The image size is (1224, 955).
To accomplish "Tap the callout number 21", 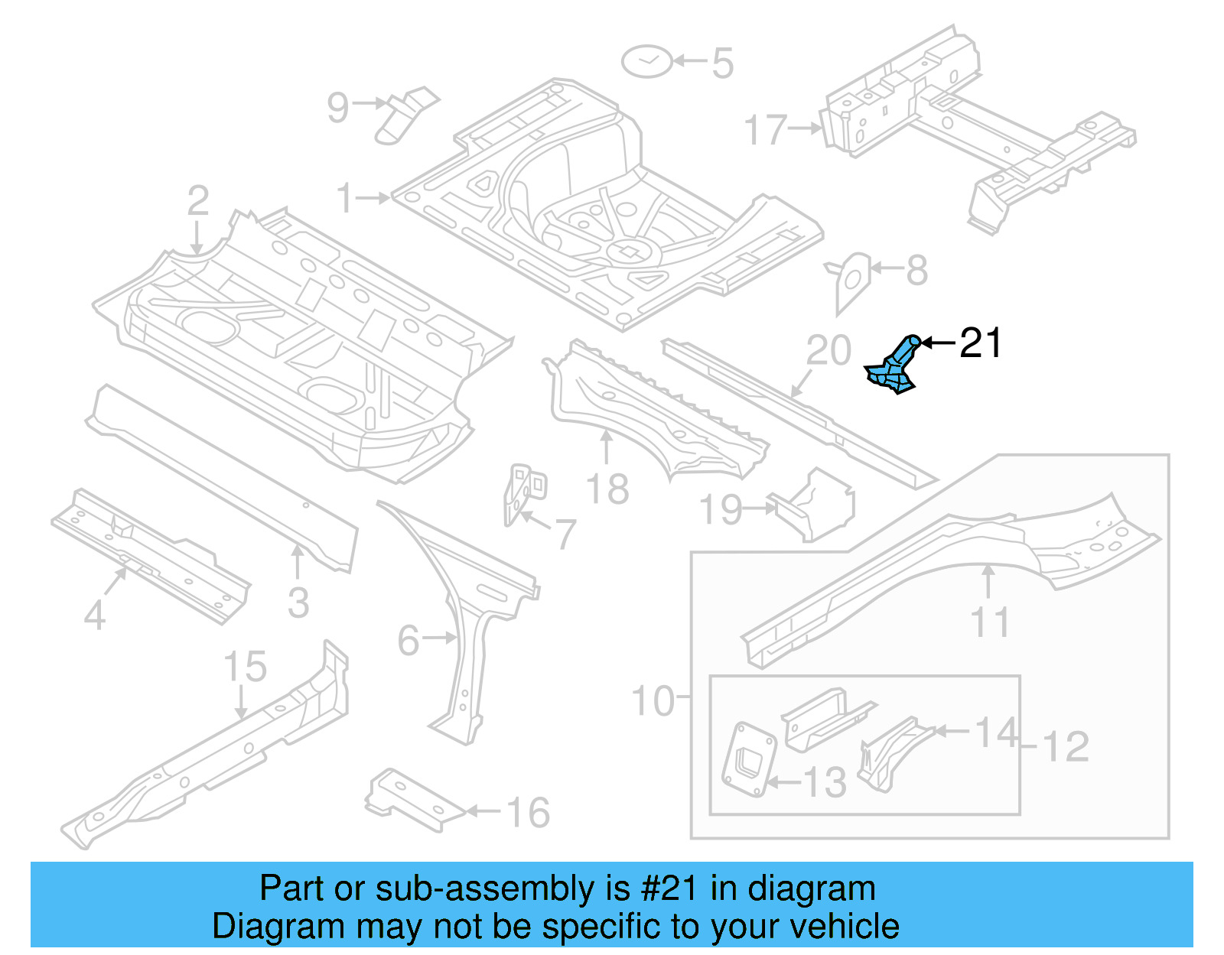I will pyautogui.click(x=980, y=343).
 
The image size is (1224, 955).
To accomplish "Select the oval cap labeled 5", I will pyautogui.click(x=646, y=61).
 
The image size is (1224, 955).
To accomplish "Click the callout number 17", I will pyautogui.click(x=766, y=130).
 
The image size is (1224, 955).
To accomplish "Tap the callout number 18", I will pyautogui.click(x=607, y=489).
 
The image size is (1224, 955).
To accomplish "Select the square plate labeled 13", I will pyautogui.click(x=749, y=759).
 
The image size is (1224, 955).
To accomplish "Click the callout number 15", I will pyautogui.click(x=245, y=667).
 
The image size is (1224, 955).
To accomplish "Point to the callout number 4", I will pyautogui.click(x=94, y=615).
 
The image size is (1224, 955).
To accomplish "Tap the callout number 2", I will pyautogui.click(x=198, y=201).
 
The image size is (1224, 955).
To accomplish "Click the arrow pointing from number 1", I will pyautogui.click(x=373, y=198).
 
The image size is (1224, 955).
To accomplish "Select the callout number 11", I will pyautogui.click(x=991, y=622).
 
